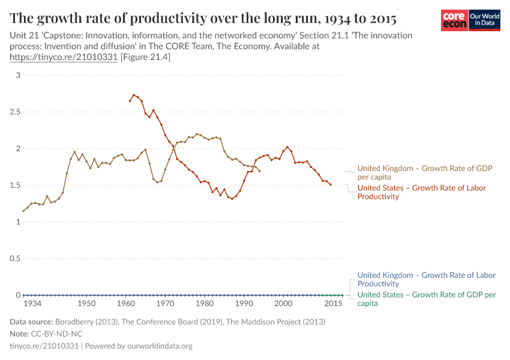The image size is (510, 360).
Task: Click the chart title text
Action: pyautogui.click(x=203, y=17)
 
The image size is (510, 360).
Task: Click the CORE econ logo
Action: pyautogui.click(x=454, y=20)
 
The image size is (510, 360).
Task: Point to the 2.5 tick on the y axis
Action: pyautogui.click(x=15, y=112)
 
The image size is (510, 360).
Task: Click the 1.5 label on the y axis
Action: pyautogui.click(x=15, y=185)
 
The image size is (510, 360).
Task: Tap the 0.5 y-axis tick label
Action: pyautogui.click(x=15, y=259)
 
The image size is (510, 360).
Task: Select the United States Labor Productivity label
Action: pyautogui.click(x=421, y=192)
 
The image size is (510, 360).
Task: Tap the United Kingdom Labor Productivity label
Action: pyautogui.click(x=426, y=279)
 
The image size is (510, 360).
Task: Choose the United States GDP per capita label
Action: pyautogui.click(x=426, y=299)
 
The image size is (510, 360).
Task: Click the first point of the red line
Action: pyautogui.click(x=130, y=101)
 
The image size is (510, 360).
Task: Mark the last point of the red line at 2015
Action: pyautogui.click(x=331, y=185)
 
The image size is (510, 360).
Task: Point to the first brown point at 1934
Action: pyautogui.click(x=23, y=211)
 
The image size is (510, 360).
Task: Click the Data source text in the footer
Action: pyautogui.click(x=167, y=322)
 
